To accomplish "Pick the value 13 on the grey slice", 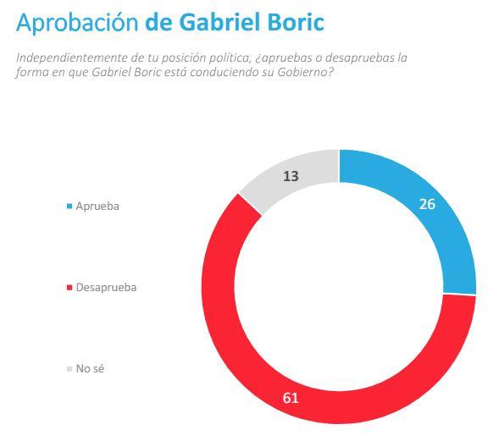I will point(291,176).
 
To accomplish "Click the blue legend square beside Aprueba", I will point(69,207).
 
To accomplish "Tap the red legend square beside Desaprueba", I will point(69,288).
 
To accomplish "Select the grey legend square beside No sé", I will point(69,369).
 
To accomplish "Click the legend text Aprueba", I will point(97,206).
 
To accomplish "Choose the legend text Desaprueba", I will point(106,287).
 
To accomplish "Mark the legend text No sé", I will point(90,368).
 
